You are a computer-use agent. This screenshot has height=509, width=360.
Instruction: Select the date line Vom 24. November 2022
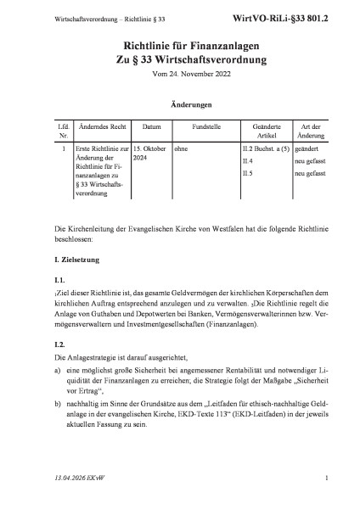180,74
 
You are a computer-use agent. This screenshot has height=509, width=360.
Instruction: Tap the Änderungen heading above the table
180,106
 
